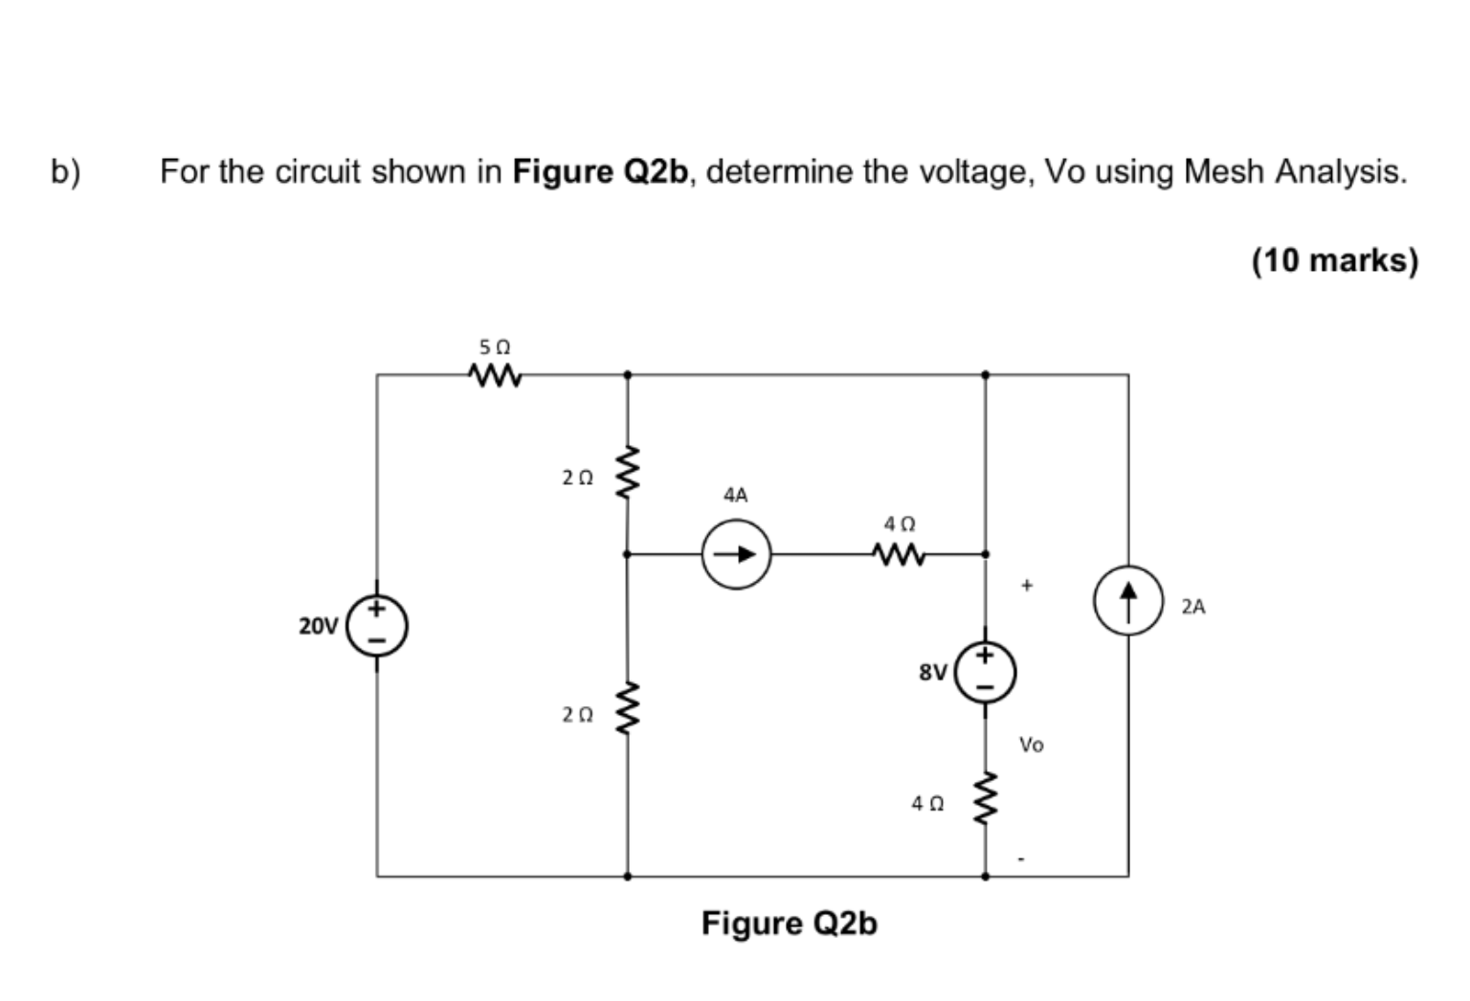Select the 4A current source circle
[736, 554]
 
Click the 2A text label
[1193, 607]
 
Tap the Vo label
[1031, 745]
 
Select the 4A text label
[735, 496]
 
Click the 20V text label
[319, 626]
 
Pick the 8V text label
[932, 673]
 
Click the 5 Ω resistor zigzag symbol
[496, 375]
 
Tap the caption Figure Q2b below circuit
[789, 923]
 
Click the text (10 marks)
[1334, 260]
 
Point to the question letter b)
[66, 172]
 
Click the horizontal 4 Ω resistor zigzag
[899, 553]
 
